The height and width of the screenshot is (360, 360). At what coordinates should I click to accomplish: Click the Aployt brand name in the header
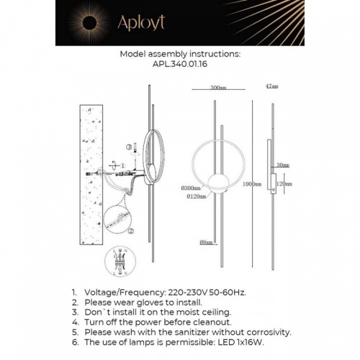click(142, 24)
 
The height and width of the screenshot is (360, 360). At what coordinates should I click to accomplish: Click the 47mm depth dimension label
click(271, 86)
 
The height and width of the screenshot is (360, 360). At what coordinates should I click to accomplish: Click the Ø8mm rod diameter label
click(209, 243)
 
